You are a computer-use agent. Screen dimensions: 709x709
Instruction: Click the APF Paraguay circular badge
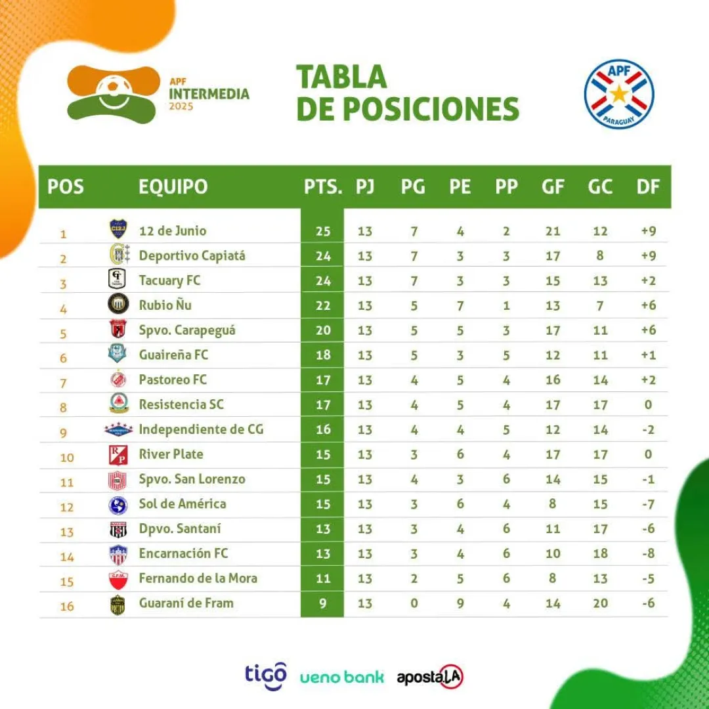tap(619, 94)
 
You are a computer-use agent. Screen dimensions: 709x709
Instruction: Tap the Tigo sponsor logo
tap(266, 676)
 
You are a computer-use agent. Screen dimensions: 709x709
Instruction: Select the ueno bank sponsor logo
tap(341, 677)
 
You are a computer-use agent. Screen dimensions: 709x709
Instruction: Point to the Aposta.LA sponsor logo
tap(430, 677)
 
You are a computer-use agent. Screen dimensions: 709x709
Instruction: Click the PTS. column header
tap(323, 187)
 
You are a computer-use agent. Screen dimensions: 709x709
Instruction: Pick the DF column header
tap(648, 187)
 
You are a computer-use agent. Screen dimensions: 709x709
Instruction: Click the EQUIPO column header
tap(173, 187)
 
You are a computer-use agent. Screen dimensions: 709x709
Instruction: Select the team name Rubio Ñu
tap(165, 305)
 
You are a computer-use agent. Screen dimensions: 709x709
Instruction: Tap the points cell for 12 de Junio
tap(323, 231)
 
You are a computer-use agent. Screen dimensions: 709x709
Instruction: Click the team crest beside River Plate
tap(118, 455)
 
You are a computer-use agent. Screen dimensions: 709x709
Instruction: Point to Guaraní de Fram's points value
tap(323, 603)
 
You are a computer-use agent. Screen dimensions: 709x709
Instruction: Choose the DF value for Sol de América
tap(648, 504)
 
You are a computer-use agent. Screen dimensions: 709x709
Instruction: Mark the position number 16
tap(67, 606)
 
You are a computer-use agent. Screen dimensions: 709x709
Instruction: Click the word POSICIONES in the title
tap(431, 109)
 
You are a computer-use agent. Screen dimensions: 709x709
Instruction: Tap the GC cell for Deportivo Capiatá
tap(600, 256)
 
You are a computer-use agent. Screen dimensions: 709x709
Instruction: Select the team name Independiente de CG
tap(201, 430)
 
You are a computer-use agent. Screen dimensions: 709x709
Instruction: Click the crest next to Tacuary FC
tap(118, 280)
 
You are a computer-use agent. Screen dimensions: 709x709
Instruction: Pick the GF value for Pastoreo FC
tap(553, 380)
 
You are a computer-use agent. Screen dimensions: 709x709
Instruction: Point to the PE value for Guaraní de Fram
tap(460, 603)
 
